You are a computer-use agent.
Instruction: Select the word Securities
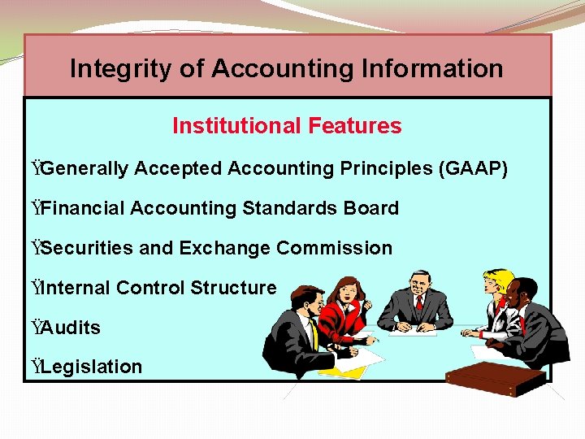[88, 248]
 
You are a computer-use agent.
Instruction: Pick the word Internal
[76, 288]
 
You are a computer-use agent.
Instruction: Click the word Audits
[71, 328]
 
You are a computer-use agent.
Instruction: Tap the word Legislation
[92, 367]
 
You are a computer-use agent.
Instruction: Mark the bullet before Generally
[35, 168]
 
